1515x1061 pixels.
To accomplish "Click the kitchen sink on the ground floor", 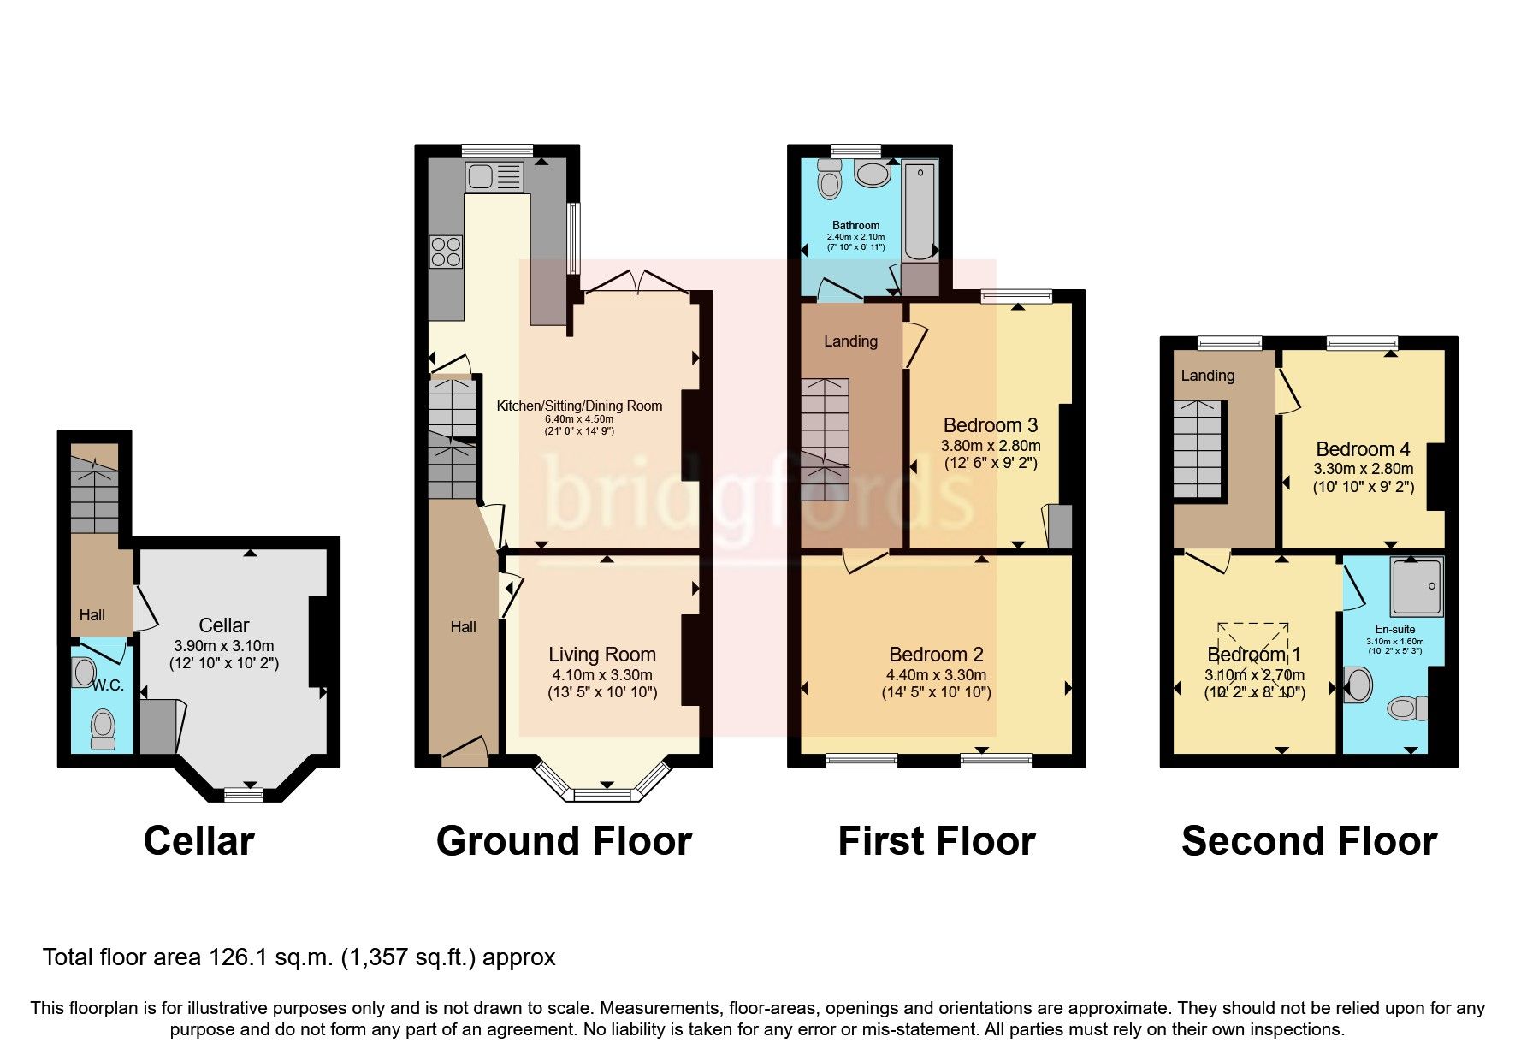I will [494, 177].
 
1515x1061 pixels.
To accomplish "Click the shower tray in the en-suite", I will [1417, 586].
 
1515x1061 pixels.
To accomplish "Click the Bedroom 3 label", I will [990, 425].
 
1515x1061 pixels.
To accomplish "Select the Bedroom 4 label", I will [1363, 449].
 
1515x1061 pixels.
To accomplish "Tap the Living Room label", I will [601, 655].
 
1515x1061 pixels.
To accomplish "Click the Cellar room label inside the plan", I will [224, 625].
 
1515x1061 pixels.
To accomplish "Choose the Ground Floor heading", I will [563, 841].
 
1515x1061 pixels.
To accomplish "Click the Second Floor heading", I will [1308, 841].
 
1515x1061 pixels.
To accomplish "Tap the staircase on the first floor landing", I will [825, 439].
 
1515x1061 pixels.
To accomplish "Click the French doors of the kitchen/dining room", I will [635, 283].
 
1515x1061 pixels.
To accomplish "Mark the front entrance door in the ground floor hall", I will [465, 750].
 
